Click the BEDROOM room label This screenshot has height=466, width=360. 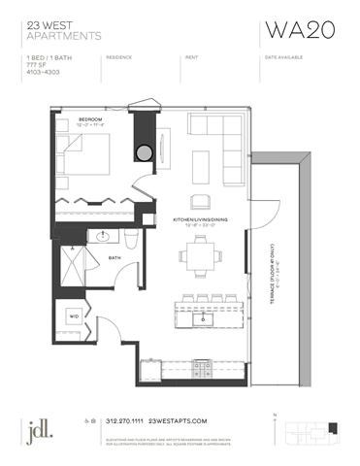(90, 118)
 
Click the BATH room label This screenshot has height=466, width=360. (114, 257)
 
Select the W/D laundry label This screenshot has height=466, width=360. (74, 316)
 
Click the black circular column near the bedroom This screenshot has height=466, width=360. (145, 152)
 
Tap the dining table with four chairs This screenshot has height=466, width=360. (197, 258)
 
